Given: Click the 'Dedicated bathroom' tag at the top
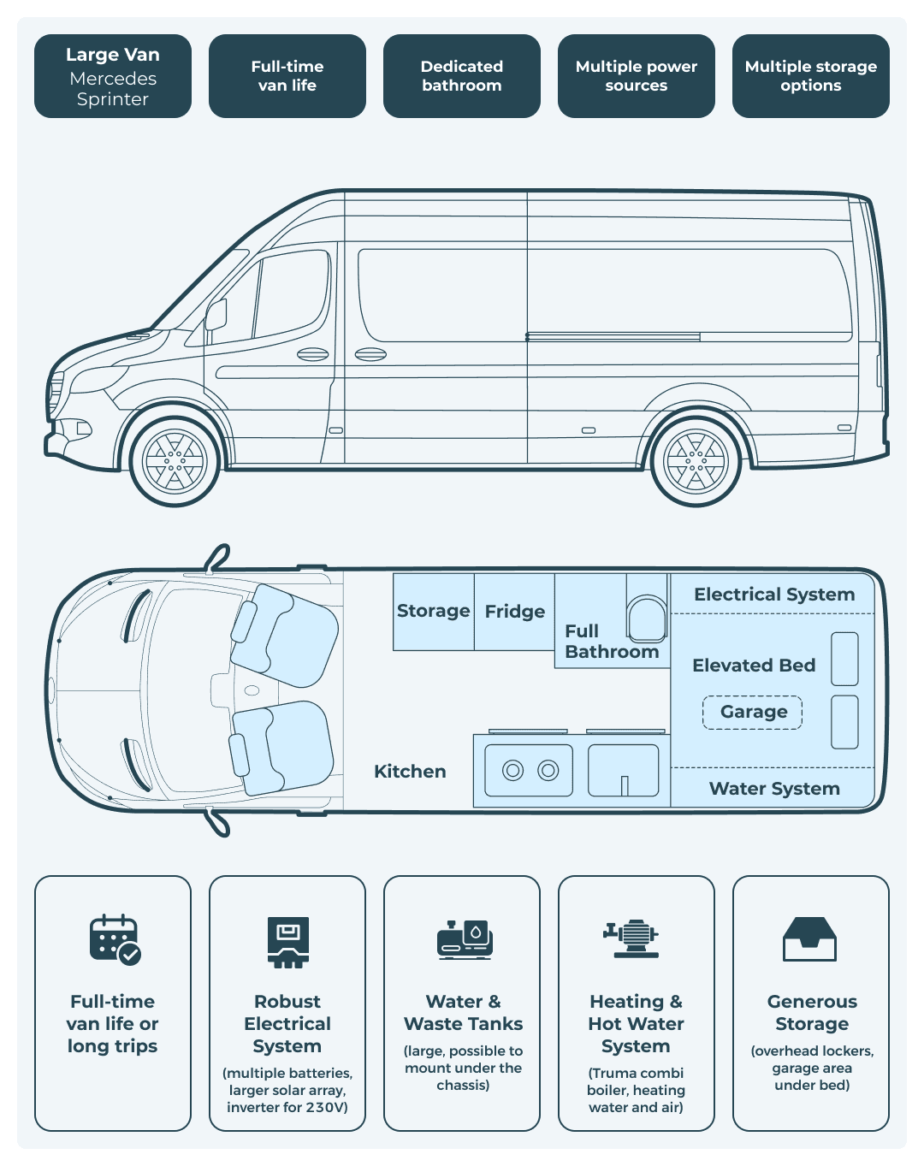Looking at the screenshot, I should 462,76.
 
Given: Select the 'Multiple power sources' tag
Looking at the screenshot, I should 636,76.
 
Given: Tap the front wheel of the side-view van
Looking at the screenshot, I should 175,461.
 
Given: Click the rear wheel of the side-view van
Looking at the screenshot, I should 696,461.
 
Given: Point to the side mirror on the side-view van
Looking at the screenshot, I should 216,315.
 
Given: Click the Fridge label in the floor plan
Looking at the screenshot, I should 514,612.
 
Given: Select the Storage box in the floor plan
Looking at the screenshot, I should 433,612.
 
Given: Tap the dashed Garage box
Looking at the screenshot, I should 753,712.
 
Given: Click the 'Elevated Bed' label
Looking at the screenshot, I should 754,666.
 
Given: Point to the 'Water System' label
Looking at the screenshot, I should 774,789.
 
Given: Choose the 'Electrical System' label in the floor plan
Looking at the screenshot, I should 774,595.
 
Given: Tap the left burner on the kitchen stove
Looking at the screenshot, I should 513,771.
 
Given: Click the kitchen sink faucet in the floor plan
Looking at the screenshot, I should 625,784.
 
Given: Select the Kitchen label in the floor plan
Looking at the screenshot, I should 410,772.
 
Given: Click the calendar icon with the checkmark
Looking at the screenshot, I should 115,940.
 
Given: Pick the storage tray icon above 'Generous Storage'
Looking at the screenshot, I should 809,939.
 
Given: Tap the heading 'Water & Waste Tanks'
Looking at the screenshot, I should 463,1013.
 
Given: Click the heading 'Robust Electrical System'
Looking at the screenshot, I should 287,1024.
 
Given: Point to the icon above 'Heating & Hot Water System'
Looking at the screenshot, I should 633,938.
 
